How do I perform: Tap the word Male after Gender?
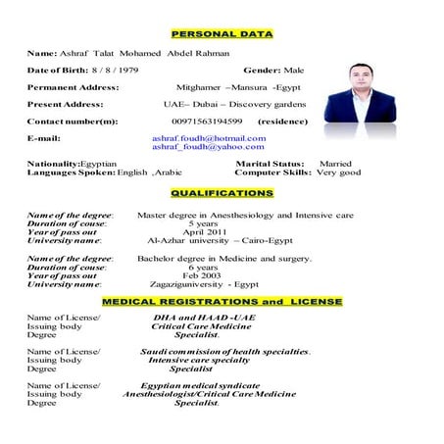click(x=295, y=71)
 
